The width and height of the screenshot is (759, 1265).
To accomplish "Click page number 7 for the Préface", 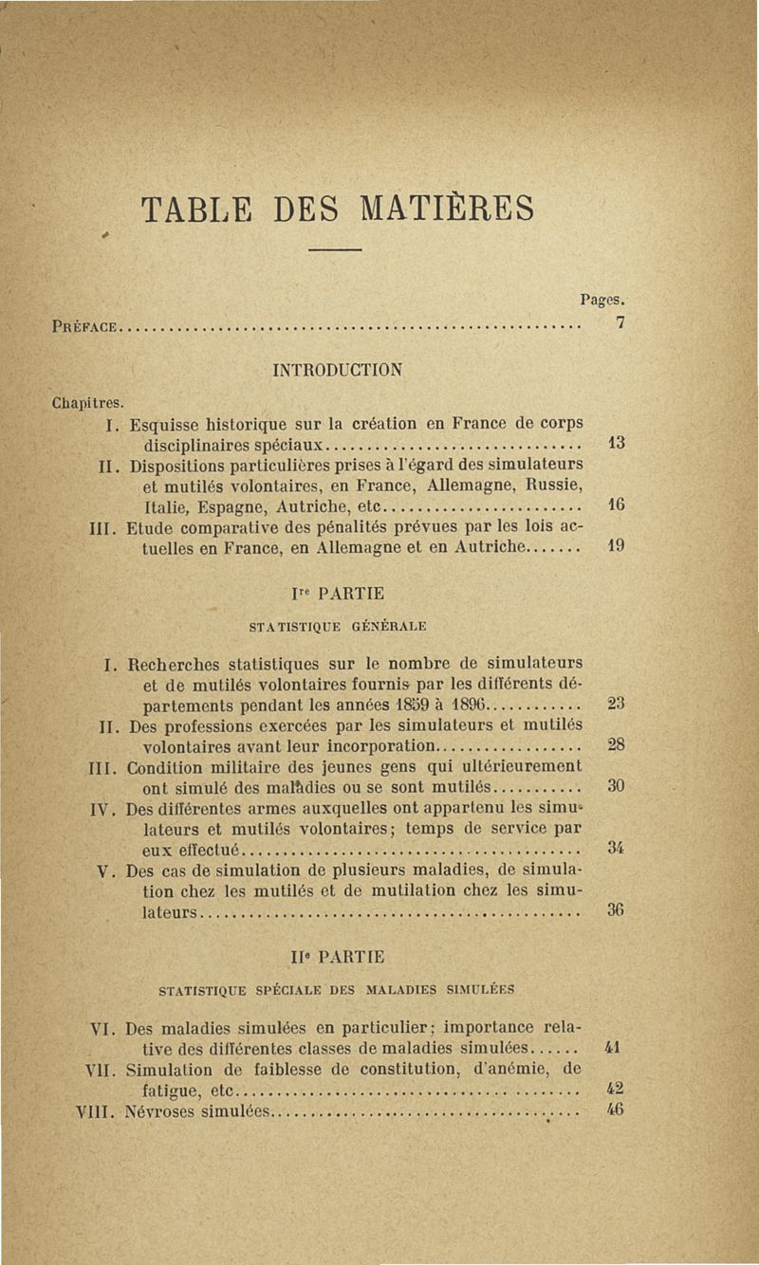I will [x=619, y=323].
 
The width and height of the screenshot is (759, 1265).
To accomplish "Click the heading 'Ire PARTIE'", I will [x=336, y=595].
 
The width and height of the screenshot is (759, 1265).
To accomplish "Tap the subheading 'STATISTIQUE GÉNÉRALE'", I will [x=336, y=626].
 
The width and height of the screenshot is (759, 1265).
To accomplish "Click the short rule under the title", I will [x=336, y=249].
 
